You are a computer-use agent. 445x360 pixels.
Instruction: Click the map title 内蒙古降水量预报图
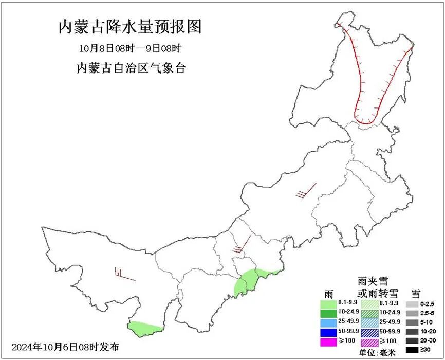129,27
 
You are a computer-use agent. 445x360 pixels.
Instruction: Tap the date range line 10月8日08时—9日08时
130,49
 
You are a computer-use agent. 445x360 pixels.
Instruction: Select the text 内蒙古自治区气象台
131,68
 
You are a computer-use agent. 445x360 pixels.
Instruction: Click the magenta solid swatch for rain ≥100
328,341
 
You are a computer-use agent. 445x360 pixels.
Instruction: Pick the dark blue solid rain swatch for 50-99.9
328,331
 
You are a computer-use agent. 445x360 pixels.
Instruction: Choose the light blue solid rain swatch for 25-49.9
328,321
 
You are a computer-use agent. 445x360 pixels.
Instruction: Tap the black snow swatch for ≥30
411,350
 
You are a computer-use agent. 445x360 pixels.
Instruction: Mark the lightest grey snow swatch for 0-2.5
411,303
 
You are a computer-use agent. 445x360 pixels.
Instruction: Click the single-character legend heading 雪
416,294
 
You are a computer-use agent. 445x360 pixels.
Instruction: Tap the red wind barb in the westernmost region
123,275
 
